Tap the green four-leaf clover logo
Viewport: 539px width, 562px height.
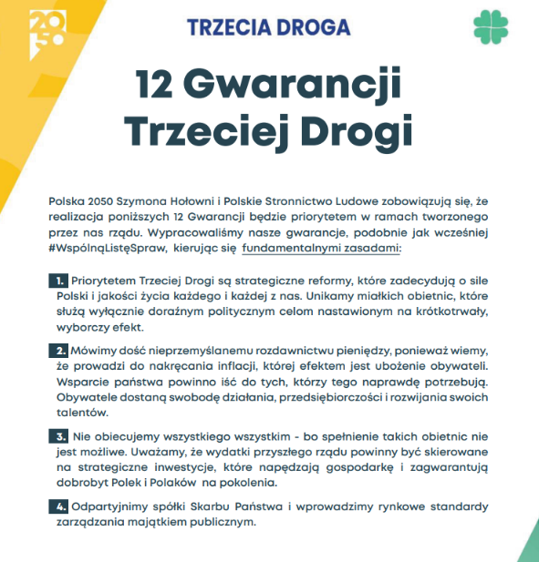(492, 27)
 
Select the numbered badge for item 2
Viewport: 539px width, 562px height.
(58, 350)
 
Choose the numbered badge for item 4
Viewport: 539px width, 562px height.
(58, 506)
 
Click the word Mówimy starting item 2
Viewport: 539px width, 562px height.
(93, 350)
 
